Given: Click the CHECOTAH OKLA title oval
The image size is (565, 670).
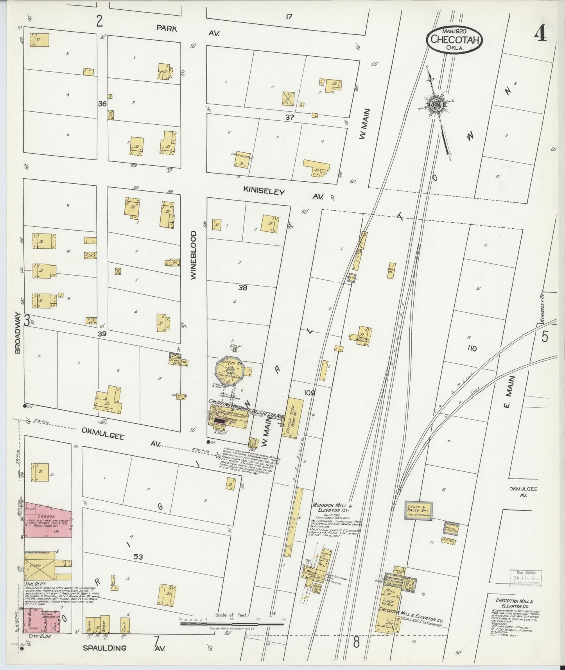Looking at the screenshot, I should coord(455,39).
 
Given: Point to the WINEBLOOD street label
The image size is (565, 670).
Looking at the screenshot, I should coord(194,255).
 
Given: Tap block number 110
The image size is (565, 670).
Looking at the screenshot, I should coord(472,348).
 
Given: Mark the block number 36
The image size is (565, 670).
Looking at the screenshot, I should coord(102,104).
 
